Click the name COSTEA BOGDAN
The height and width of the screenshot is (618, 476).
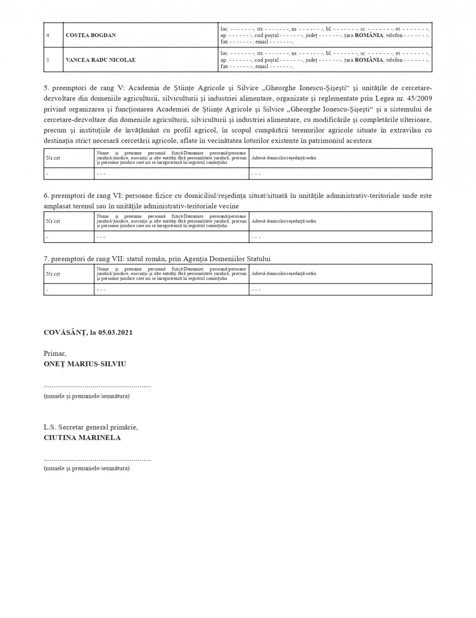coord(90,35)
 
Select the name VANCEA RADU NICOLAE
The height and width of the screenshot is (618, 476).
coord(100,60)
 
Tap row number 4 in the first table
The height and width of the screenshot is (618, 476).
coord(48,35)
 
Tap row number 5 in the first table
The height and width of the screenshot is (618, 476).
coord(48,60)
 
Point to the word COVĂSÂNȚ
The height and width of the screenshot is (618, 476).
coord(64,332)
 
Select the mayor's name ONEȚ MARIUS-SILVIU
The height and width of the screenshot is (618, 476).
coord(85,364)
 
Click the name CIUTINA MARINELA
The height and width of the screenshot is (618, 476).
coord(82,438)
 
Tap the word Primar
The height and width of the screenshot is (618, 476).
coord(55,354)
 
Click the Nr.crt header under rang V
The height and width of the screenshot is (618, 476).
coord(53,158)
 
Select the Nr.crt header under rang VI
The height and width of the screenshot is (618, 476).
coord(53,221)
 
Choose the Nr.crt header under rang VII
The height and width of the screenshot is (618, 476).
coord(53,274)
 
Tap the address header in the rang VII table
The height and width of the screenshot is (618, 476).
coord(284,274)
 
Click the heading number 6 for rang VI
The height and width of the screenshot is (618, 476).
coord(46,196)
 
